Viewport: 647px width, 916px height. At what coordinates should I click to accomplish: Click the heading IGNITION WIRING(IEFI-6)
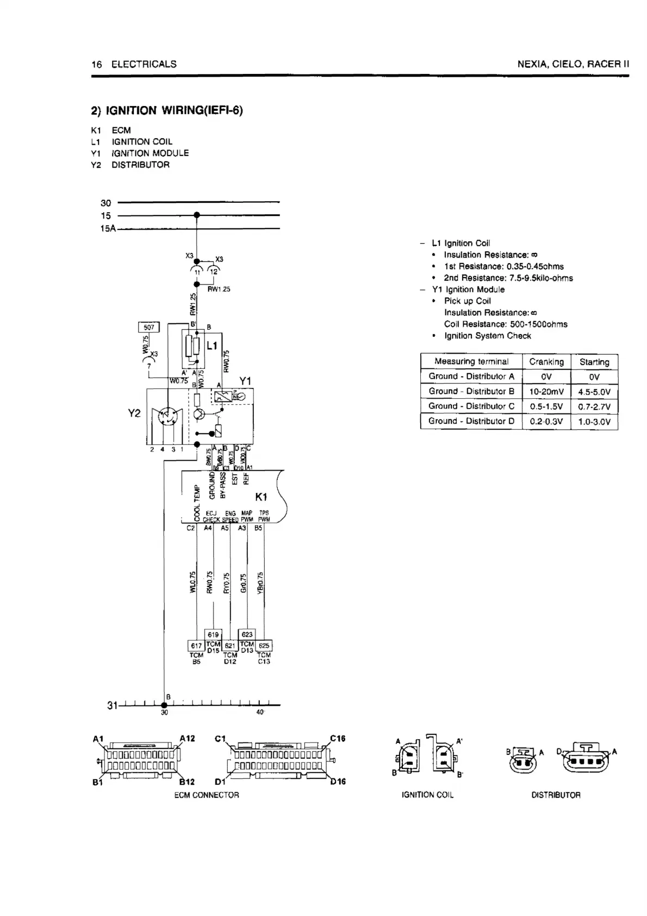click(167, 111)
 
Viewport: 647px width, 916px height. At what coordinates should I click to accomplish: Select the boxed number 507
click(149, 327)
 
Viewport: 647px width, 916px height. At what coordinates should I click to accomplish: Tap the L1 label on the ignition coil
click(212, 345)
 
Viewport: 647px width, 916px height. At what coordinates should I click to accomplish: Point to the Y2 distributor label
click(134, 413)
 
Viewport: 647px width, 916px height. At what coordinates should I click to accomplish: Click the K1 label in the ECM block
click(262, 497)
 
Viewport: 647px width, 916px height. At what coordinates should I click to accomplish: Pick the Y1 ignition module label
click(245, 381)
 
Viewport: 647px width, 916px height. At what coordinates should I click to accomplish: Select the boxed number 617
click(196, 646)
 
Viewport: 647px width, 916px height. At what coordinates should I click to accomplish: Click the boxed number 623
click(247, 634)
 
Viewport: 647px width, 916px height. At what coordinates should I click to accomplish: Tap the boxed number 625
click(264, 646)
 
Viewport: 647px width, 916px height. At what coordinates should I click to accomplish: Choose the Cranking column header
click(546, 362)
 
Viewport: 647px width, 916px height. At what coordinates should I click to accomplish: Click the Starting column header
click(594, 362)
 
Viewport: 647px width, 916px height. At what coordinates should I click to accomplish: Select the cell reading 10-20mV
click(546, 392)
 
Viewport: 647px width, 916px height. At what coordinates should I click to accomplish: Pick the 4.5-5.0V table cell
click(594, 392)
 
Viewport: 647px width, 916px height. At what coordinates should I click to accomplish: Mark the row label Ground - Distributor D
click(471, 421)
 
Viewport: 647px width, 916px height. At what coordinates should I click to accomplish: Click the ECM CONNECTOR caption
click(207, 795)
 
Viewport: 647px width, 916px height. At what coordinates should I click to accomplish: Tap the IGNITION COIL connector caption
click(427, 795)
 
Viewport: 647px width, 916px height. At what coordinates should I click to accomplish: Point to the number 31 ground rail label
click(112, 705)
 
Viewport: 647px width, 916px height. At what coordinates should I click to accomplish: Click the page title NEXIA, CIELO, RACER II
click(573, 64)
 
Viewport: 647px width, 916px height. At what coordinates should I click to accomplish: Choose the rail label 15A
click(108, 229)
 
